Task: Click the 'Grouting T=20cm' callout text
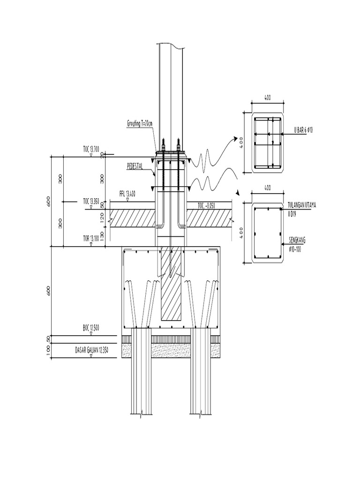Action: click(140, 123)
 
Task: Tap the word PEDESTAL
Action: click(136, 166)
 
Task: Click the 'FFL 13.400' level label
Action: click(128, 193)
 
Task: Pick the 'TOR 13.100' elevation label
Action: click(91, 238)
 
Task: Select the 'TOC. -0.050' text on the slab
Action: click(207, 205)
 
